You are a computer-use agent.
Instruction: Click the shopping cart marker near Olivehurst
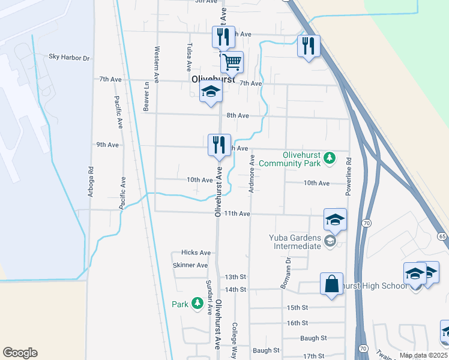click(x=232, y=61)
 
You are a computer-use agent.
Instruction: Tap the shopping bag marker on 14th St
click(x=332, y=283)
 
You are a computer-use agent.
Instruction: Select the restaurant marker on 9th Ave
click(x=219, y=145)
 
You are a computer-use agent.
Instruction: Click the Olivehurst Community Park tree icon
click(x=330, y=158)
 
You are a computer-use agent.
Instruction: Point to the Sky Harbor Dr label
click(x=69, y=58)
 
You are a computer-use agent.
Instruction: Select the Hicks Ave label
click(x=196, y=253)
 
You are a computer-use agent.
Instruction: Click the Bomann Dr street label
click(x=286, y=272)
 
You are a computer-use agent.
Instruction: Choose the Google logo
click(x=20, y=353)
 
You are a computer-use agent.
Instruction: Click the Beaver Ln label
click(x=146, y=96)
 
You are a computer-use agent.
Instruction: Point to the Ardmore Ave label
click(x=253, y=173)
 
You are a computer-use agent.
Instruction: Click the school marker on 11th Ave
click(x=335, y=220)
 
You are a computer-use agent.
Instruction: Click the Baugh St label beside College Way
click(x=266, y=350)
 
